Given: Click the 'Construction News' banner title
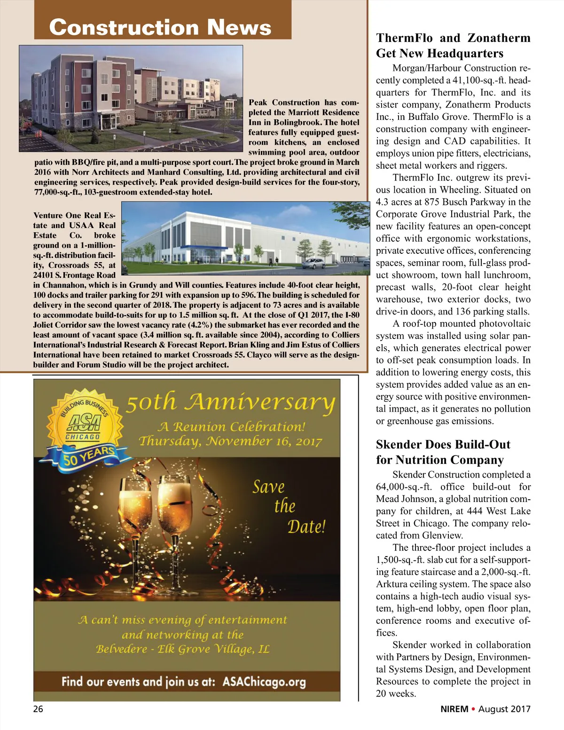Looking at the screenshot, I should click(x=160, y=27).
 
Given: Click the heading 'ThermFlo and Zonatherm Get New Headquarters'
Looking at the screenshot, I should click(x=453, y=46).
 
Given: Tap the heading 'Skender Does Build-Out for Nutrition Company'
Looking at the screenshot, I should click(x=443, y=452).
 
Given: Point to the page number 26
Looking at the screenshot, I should click(x=38, y=709).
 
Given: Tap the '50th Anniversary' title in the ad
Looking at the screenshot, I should click(x=230, y=402).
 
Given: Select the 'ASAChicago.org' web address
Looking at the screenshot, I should click(x=264, y=682).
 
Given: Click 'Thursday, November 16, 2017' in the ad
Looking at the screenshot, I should click(x=230, y=441).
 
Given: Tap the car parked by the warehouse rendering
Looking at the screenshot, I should click(x=313, y=263).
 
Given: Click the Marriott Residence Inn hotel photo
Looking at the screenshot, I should click(x=131, y=98).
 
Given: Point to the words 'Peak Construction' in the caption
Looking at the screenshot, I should click(x=284, y=102).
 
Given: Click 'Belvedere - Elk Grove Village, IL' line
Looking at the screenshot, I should click(x=183, y=649).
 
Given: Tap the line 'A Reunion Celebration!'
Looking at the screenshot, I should click(x=231, y=427).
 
